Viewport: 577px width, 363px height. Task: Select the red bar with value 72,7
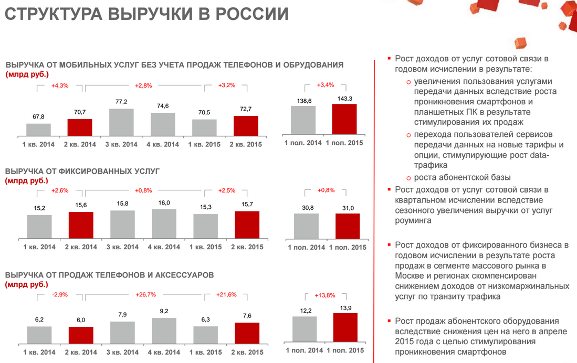[246, 126]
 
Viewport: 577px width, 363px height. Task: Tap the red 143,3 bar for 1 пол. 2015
[344, 120]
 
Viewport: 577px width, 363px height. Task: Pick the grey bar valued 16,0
[164, 225]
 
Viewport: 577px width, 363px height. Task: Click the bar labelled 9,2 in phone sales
[164, 330]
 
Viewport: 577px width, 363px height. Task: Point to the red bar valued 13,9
[345, 328]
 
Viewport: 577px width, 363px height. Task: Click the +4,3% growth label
[60, 86]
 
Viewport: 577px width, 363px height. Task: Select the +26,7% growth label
[145, 295]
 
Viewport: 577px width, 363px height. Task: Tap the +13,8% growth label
[325, 295]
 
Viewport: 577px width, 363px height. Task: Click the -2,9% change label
[60, 295]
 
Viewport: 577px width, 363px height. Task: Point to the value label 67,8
[38, 117]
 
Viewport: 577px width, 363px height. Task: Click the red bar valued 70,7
[80, 128]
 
